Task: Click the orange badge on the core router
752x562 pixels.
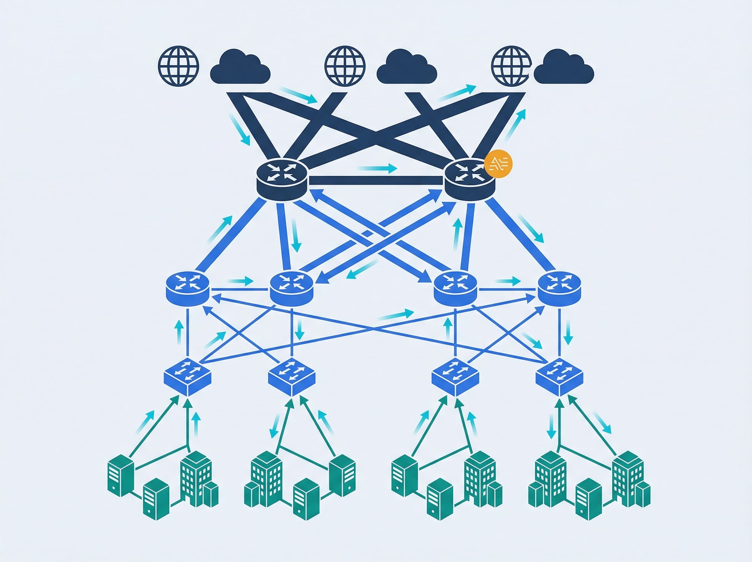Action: point(498,163)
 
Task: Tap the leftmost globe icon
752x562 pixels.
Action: point(178,66)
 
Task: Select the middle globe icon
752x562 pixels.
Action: point(345,66)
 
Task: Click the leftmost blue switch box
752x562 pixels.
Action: point(188,377)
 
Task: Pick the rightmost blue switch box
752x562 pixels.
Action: point(559,377)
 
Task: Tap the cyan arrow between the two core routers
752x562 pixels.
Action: point(377,168)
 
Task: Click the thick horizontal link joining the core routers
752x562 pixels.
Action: point(376,181)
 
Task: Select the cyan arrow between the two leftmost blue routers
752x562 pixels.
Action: point(240,281)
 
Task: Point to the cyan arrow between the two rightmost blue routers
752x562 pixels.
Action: point(508,281)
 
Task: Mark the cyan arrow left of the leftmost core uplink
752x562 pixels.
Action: point(240,130)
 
